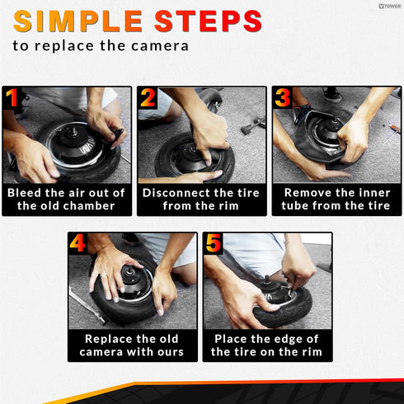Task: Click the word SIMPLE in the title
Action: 78,21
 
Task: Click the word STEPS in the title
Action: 208,21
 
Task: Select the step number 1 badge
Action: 12,97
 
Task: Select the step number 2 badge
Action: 148,97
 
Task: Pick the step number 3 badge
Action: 282,97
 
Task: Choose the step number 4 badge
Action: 78,243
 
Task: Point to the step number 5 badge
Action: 213,243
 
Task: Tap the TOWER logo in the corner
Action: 389,6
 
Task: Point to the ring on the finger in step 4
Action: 103,275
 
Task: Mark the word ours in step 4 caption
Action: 170,353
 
